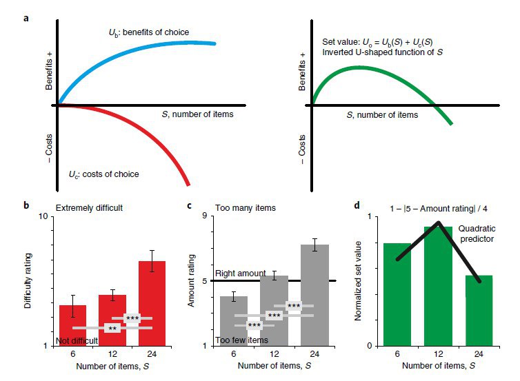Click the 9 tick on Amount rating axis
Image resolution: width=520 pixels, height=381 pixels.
(206, 216)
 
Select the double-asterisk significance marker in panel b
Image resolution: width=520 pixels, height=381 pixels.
(112, 329)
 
